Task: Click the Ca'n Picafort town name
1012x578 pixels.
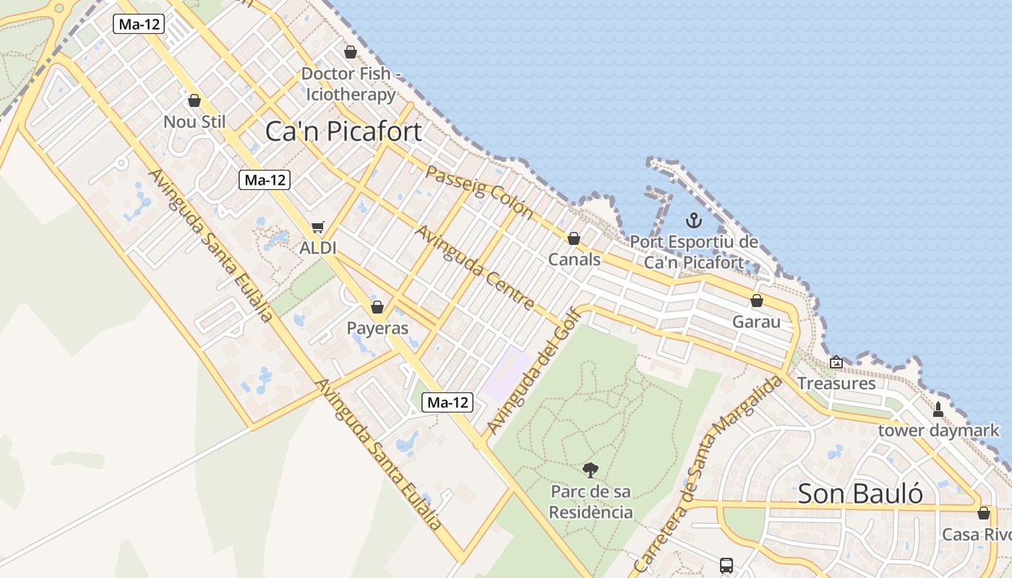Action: coord(343,131)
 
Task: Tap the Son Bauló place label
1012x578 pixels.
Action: coord(860,493)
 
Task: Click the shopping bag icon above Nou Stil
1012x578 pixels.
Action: coord(194,100)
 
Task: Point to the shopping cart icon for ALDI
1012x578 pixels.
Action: coord(318,227)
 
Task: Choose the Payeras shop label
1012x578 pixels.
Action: coord(377,328)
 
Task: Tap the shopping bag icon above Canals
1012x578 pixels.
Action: coord(574,238)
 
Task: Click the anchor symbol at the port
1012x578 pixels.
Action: coord(694,220)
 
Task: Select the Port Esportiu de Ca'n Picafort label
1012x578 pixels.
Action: coord(694,252)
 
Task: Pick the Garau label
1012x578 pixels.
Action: coord(756,322)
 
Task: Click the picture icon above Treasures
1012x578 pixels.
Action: coord(836,362)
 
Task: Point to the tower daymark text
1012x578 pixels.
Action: coord(938,431)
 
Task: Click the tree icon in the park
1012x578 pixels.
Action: coord(591,470)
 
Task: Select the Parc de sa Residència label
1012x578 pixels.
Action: coord(591,502)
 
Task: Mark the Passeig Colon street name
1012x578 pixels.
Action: coord(479,192)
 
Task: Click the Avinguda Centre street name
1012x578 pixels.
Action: coord(474,267)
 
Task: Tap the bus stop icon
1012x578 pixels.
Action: coord(726,565)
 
